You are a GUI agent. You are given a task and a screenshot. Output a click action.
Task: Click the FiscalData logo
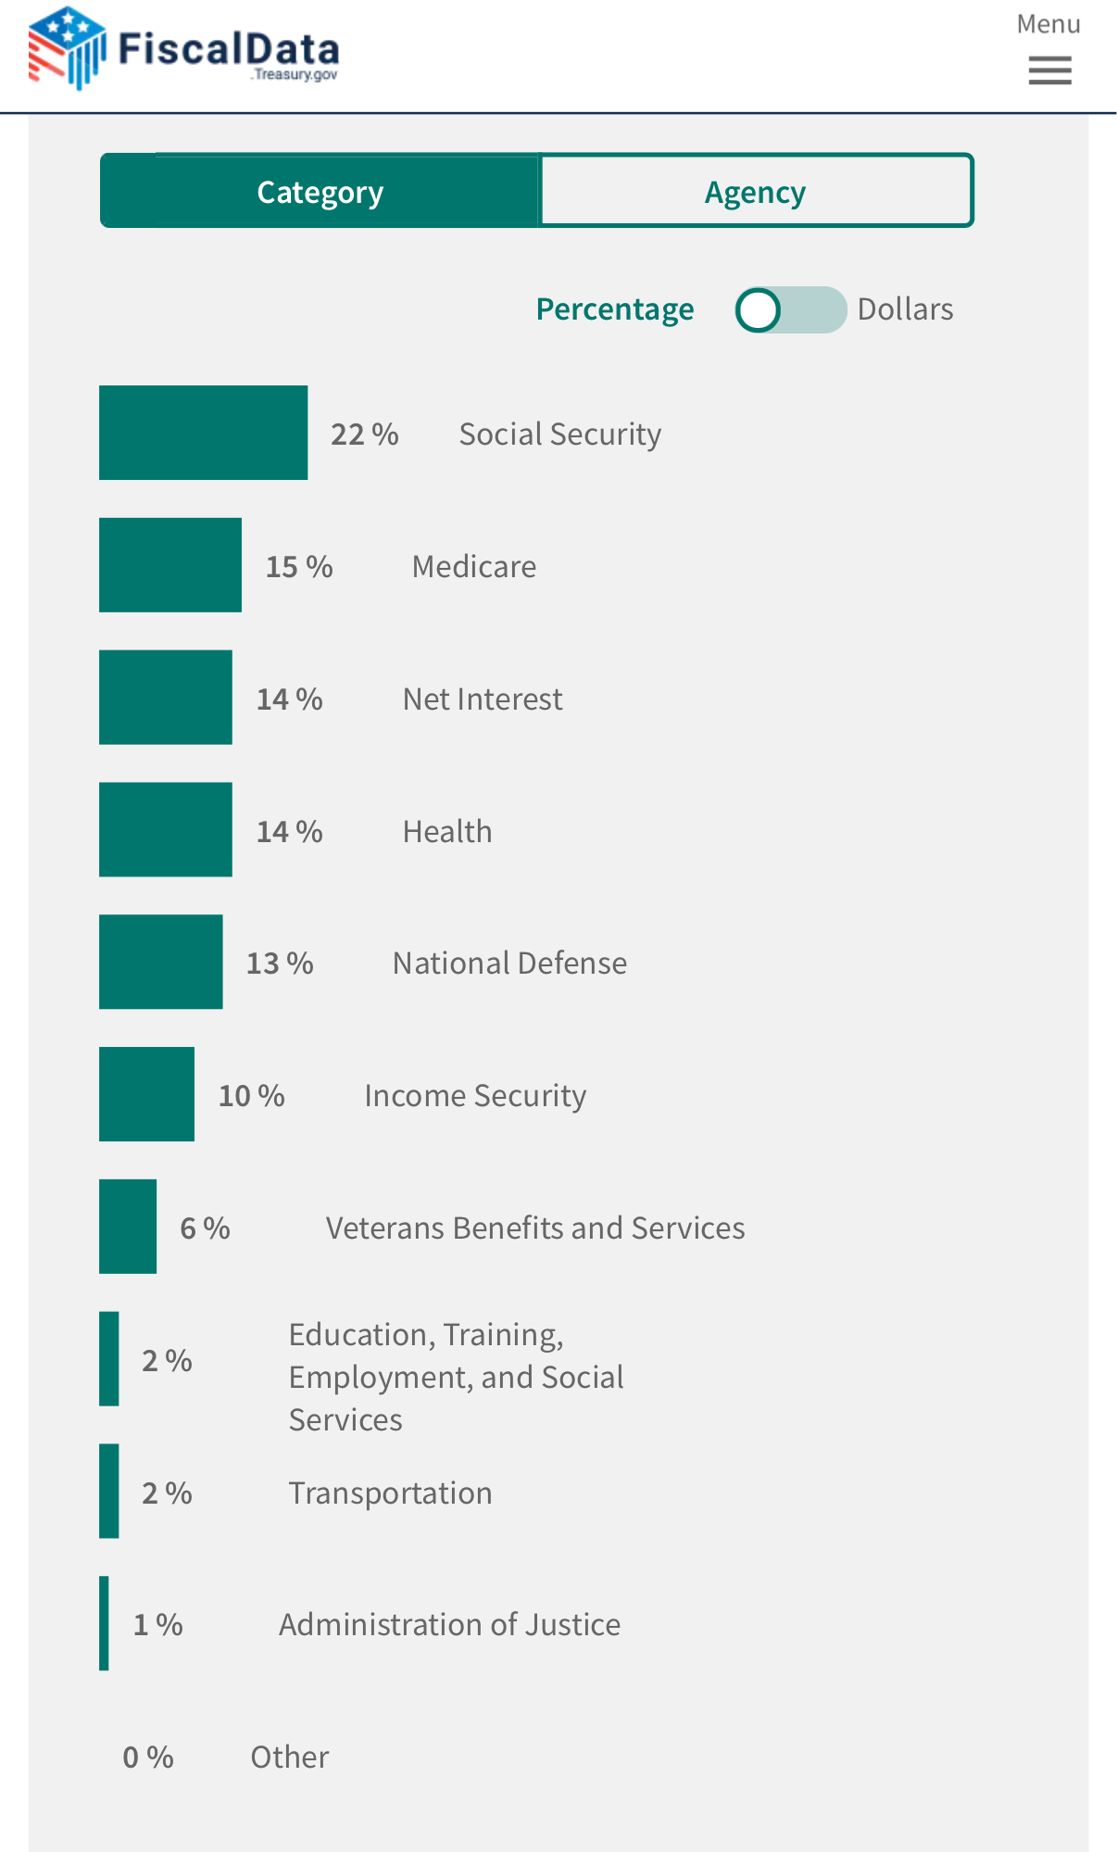click(183, 48)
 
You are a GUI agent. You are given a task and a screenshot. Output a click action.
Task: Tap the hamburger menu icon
click(1049, 70)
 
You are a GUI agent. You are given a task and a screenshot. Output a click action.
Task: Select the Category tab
click(320, 192)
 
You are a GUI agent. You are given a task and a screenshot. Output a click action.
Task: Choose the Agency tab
click(756, 192)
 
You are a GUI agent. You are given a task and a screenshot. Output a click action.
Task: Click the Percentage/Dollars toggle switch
click(790, 309)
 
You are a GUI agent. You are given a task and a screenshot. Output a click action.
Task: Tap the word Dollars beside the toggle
click(905, 309)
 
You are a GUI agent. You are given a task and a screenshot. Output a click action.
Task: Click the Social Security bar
click(203, 433)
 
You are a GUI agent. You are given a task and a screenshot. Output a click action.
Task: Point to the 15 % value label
click(299, 566)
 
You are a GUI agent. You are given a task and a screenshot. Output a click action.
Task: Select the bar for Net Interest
click(165, 698)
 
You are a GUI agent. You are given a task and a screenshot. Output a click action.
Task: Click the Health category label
click(447, 831)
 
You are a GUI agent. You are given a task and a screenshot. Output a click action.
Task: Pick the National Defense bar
click(160, 962)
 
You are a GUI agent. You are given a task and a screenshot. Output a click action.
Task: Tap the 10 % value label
click(251, 1096)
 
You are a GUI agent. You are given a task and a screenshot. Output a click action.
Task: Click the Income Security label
click(475, 1096)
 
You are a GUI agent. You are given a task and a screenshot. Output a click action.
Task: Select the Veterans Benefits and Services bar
click(128, 1227)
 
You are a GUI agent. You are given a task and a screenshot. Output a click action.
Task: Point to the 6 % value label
click(205, 1228)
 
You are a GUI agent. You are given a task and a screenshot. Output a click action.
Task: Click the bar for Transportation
click(109, 1491)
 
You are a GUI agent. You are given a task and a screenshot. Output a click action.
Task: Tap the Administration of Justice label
click(450, 1625)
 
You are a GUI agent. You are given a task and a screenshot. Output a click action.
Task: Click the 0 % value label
click(148, 1758)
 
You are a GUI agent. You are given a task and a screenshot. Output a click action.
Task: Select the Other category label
click(290, 1758)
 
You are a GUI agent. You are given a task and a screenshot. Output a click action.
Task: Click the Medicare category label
click(474, 566)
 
